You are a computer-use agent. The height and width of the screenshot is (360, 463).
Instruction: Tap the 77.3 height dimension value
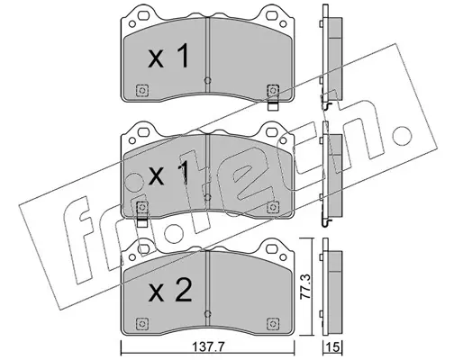306,286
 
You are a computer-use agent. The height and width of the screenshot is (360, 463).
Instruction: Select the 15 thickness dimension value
333,347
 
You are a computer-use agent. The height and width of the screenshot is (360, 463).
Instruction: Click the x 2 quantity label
170,290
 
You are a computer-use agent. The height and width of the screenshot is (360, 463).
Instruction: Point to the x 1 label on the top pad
168,56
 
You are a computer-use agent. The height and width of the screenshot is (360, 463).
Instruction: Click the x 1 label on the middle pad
168,174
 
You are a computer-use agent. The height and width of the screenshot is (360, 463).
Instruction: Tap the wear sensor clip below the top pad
273,106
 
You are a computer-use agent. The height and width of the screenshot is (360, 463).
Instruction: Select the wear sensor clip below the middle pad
142,222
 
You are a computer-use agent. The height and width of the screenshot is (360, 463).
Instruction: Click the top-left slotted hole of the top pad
144,15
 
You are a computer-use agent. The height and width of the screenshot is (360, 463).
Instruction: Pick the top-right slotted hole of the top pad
272,15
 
